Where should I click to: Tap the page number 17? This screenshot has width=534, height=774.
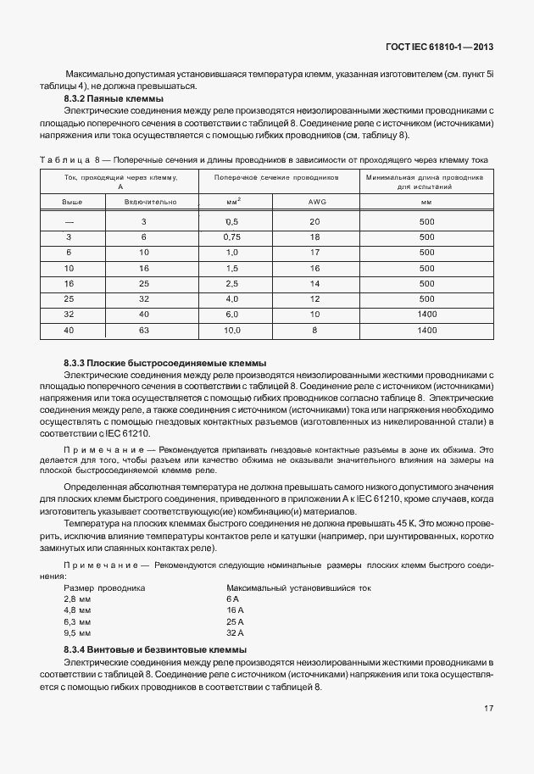point(489,707)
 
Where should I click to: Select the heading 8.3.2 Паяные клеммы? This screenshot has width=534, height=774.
point(114,99)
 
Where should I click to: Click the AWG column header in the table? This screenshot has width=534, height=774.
point(314,203)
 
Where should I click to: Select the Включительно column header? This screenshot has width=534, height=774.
point(150,203)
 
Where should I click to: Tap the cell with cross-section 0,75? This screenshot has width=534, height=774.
point(232,237)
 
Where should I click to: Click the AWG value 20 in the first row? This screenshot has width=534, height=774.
point(314,221)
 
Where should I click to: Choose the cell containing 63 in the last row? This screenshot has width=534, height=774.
point(144,330)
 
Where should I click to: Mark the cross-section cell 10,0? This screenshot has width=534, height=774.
point(232,330)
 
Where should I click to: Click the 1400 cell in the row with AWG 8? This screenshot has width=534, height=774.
point(426,330)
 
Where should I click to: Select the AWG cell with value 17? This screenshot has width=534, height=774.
point(314,253)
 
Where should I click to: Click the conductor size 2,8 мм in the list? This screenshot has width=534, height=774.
point(77,599)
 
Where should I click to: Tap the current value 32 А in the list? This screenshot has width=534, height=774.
point(236,632)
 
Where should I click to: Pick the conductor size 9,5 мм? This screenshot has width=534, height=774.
point(77,632)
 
